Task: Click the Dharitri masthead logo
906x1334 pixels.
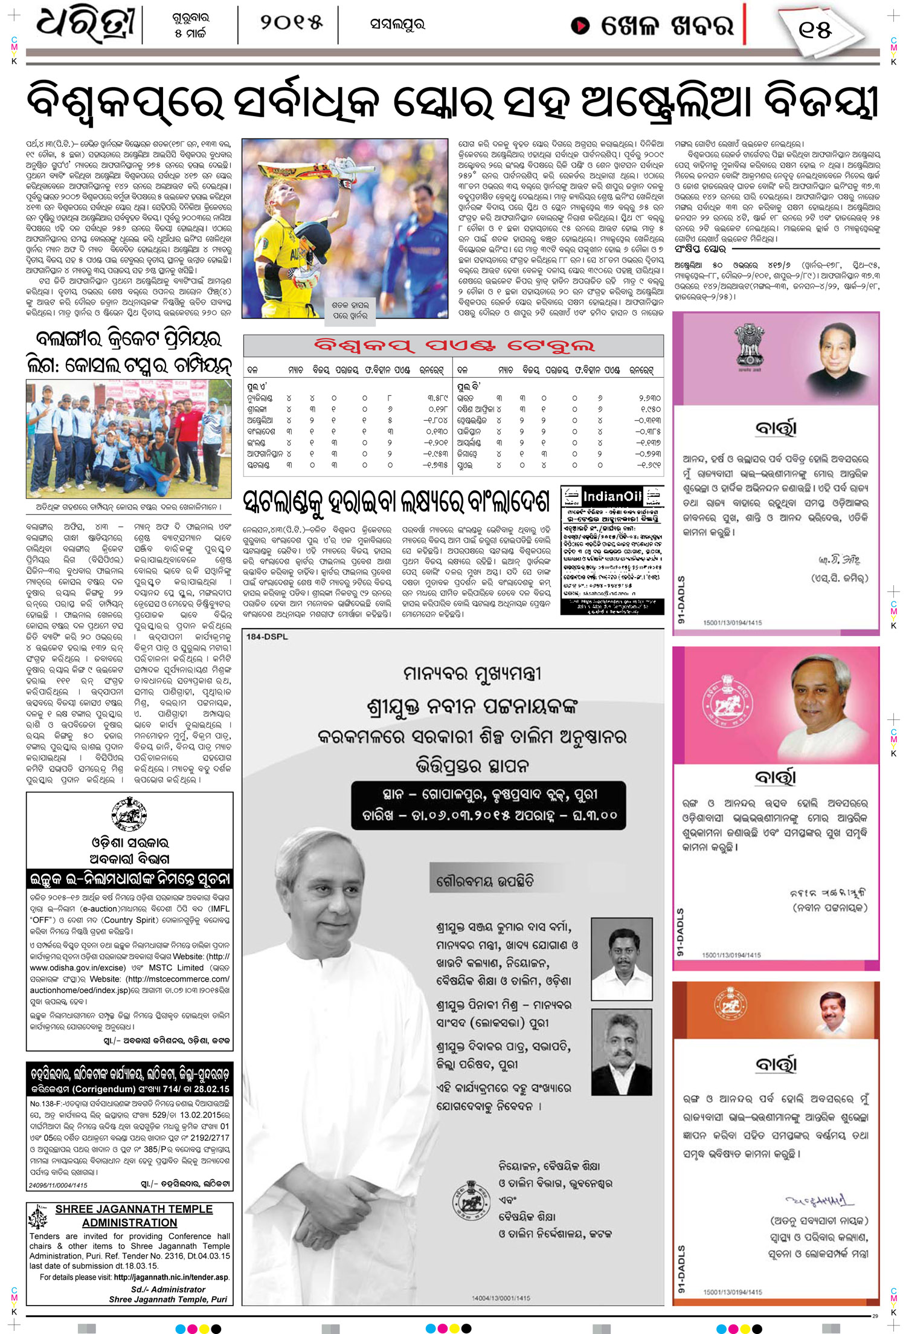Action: click(85, 25)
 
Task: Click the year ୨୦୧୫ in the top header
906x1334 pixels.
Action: click(291, 23)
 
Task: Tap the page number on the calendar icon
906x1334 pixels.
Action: click(815, 29)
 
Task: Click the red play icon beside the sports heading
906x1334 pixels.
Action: click(580, 25)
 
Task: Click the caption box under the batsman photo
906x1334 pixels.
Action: click(350, 310)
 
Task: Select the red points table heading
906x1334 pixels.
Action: click(454, 346)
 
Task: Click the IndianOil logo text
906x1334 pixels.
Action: click(612, 496)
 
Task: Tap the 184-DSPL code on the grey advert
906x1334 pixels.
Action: click(267, 636)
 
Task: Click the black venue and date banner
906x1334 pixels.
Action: click(489, 805)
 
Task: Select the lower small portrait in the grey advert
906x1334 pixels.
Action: click(622, 1051)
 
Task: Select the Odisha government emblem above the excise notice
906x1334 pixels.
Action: click(129, 814)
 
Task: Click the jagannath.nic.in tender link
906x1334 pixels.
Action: click(171, 1277)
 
